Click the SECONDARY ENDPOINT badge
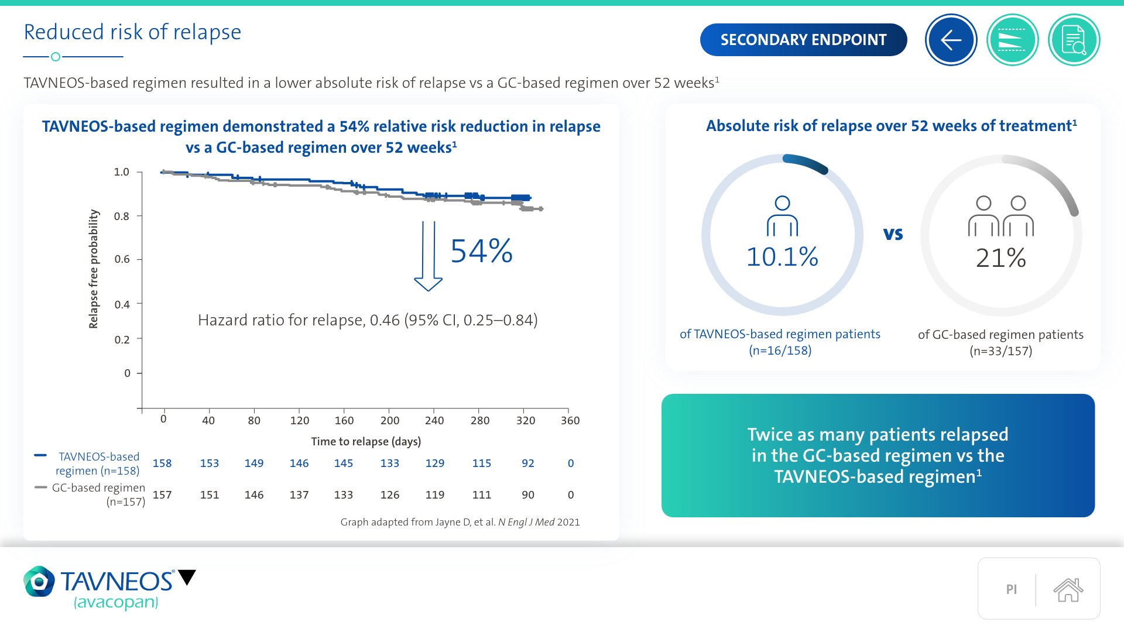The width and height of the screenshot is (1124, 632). tap(803, 40)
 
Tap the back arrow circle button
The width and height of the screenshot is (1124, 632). tap(951, 40)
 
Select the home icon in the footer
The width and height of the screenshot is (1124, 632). tap(1068, 589)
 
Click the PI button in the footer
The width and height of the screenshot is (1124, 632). tap(1011, 589)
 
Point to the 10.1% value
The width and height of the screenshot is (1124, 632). tap(782, 257)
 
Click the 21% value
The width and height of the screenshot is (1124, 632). tap(1000, 258)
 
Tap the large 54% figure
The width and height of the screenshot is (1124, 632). tap(481, 251)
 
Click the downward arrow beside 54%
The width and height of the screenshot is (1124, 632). tap(428, 256)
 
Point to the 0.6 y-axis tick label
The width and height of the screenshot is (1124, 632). tap(122, 259)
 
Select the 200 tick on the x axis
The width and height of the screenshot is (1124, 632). tap(390, 420)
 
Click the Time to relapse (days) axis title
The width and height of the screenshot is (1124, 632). tap(366, 441)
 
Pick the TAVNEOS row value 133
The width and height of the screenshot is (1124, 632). tap(390, 463)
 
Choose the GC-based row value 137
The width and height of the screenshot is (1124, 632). tap(299, 495)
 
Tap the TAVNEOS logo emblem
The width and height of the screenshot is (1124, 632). tap(39, 581)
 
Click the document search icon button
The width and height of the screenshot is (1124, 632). tap(1074, 40)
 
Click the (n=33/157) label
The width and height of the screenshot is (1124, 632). tap(1000, 351)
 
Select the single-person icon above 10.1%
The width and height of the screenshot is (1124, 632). tap(782, 216)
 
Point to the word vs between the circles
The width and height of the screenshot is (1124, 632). tap(893, 234)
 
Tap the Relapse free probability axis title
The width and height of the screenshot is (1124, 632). tap(94, 269)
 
